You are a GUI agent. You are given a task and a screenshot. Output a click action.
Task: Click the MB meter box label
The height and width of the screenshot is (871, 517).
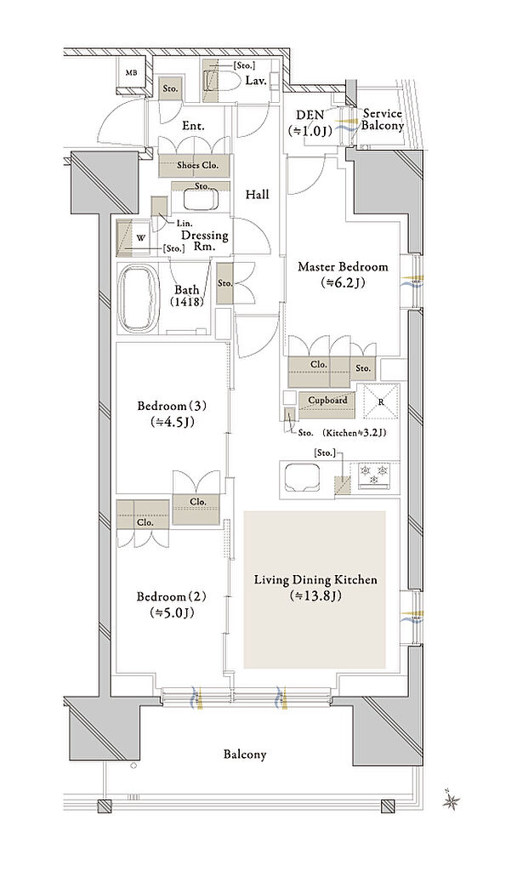click(x=132, y=73)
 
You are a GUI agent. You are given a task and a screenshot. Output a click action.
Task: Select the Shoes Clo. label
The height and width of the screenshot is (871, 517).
click(x=197, y=165)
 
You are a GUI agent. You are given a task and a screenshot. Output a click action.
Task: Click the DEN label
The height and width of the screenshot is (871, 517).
click(x=310, y=115)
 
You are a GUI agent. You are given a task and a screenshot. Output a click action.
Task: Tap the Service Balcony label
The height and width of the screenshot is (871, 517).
click(x=382, y=119)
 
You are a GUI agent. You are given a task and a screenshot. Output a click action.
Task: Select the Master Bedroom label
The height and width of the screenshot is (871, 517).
click(x=343, y=266)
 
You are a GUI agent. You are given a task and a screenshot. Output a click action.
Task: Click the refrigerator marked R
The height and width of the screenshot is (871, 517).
click(x=381, y=401)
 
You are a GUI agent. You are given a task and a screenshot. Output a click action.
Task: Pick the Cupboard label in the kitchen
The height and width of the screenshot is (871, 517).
click(x=327, y=400)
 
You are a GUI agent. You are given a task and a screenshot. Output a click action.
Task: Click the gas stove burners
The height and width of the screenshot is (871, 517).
click(x=373, y=474)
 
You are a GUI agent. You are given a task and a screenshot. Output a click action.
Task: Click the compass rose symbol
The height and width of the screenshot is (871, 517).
click(x=451, y=800)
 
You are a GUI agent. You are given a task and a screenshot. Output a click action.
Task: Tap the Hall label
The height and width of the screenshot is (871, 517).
click(x=257, y=195)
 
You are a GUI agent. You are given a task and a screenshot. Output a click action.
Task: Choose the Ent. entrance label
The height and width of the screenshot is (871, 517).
click(x=193, y=126)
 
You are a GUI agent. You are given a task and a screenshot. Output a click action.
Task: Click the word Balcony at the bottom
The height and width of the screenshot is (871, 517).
click(x=245, y=754)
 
